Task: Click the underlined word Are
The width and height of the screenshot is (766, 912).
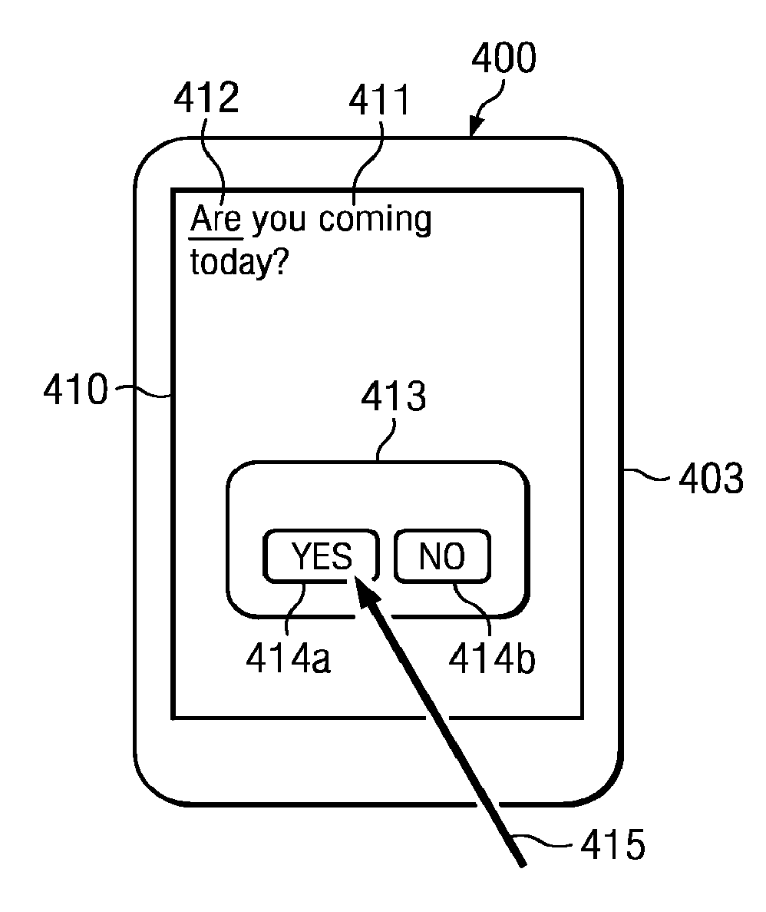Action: click(x=216, y=220)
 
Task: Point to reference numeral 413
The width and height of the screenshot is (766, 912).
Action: click(x=394, y=399)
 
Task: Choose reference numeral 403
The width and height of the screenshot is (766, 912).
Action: click(x=711, y=478)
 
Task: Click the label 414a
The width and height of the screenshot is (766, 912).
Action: click(x=288, y=658)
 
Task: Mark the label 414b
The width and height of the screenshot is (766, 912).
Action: click(x=491, y=658)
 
